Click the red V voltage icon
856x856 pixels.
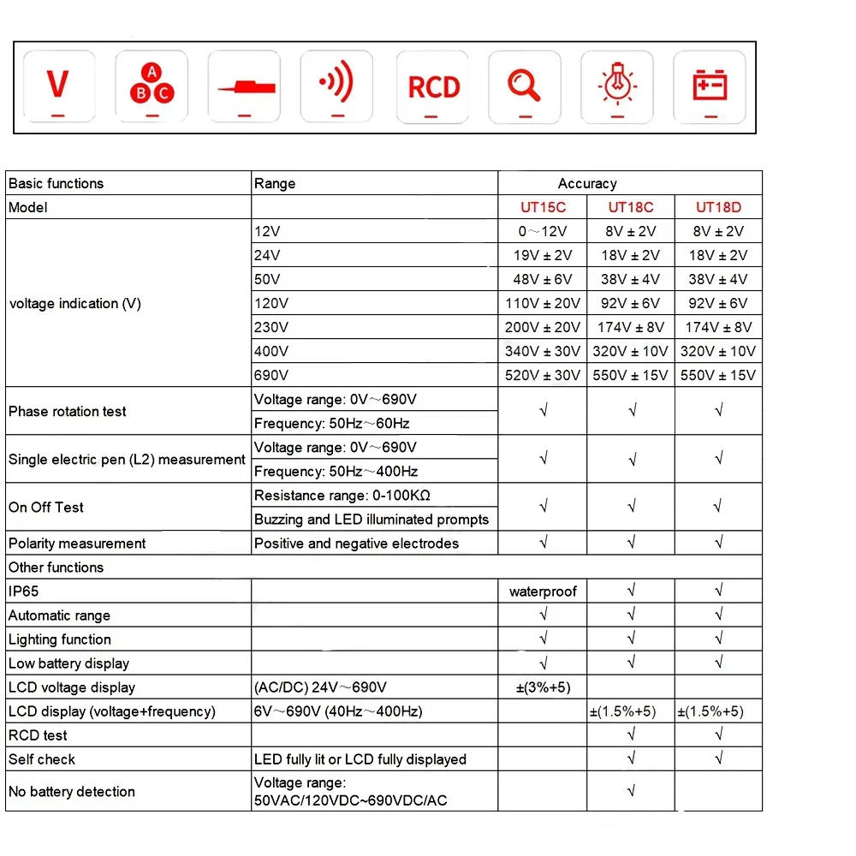(58, 86)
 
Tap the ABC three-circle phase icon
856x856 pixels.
(151, 84)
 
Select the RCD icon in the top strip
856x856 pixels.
(434, 86)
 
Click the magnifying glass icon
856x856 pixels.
(524, 84)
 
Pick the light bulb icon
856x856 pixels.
(616, 84)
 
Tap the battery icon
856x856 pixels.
(710, 86)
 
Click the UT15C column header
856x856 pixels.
(543, 207)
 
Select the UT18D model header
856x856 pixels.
(718, 207)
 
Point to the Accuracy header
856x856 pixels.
(587, 183)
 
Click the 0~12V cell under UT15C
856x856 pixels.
(543, 231)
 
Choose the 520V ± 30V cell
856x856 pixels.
(543, 375)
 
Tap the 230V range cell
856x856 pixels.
(271, 327)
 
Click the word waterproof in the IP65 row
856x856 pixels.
(543, 591)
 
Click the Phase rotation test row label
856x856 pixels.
(68, 412)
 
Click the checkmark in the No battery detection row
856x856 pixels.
(631, 792)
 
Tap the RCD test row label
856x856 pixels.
(38, 735)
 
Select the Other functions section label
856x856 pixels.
(56, 568)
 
